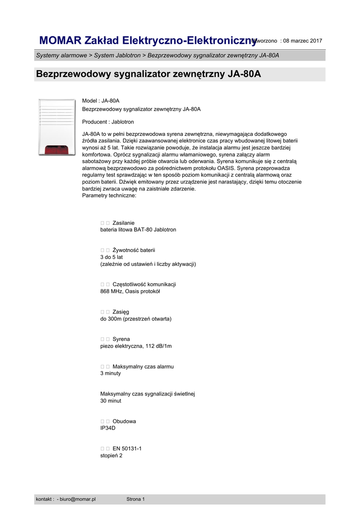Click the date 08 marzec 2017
pos(303,41)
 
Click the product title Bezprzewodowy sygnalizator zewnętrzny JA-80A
pos(148,74)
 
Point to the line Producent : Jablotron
pos(108,122)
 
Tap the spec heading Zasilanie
pos(123,223)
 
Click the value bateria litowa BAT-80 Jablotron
pos(138,230)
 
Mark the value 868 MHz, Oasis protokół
pos(130,291)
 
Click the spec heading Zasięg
pos(121,312)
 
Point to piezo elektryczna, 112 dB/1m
pos(136,346)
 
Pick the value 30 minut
pos(111,400)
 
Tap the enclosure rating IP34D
pos(108,428)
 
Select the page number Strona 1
pos(136,499)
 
